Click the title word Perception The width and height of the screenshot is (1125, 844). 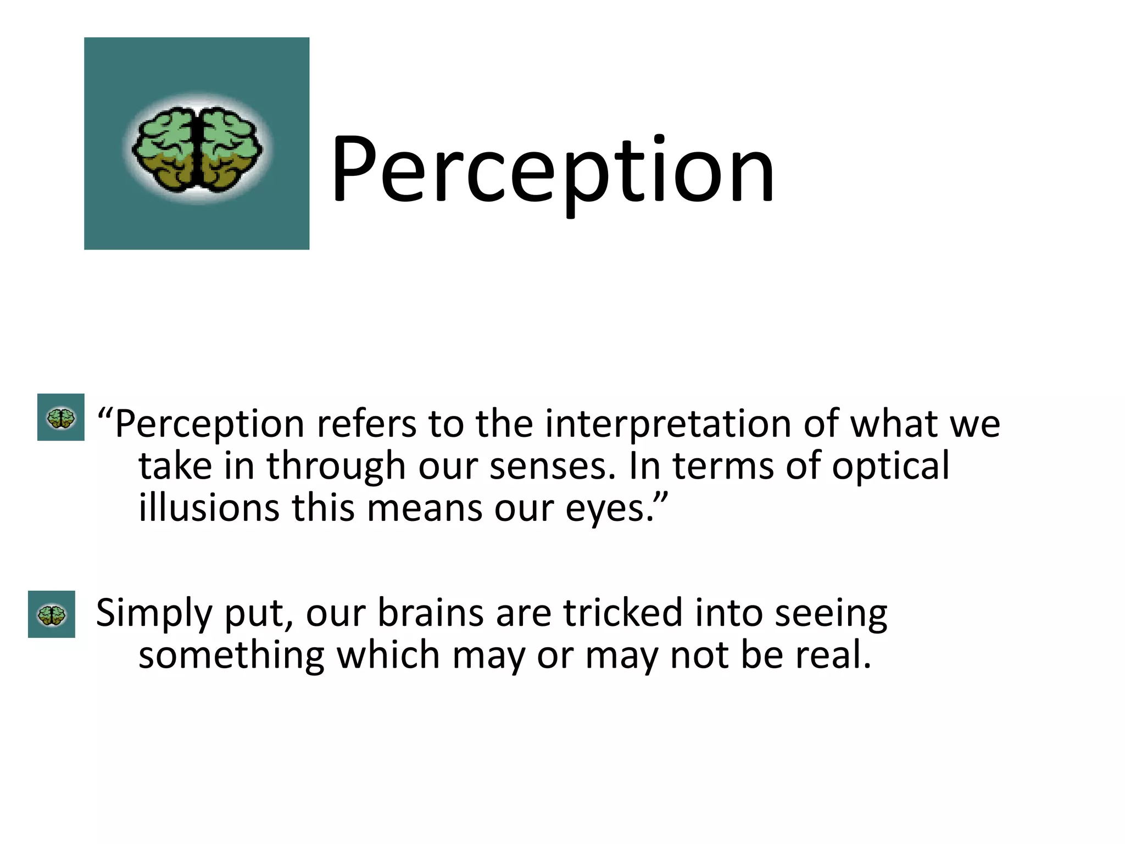pyautogui.click(x=552, y=170)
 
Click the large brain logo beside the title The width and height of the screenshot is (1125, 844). pyautogui.click(x=197, y=144)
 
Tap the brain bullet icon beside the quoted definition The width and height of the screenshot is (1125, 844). pyautogui.click(x=61, y=418)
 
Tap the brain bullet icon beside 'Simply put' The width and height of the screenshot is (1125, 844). pyautogui.click(x=52, y=614)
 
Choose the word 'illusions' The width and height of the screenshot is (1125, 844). pyautogui.click(x=209, y=508)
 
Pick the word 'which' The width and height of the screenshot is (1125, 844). pyautogui.click(x=388, y=656)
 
